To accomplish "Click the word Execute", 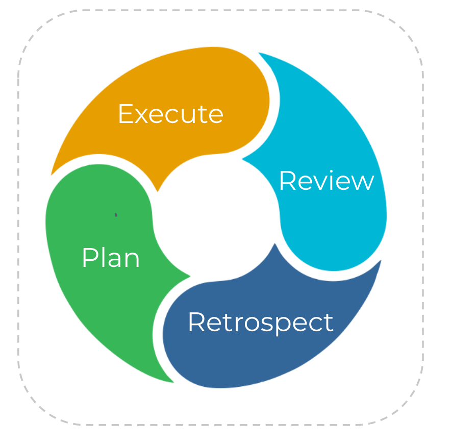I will pyautogui.click(x=170, y=114).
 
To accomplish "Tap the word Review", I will pyautogui.click(x=327, y=181).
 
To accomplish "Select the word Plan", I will pyautogui.click(x=111, y=258).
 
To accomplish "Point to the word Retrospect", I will pyautogui.click(x=260, y=323).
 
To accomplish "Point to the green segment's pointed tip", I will pyautogui.click(x=189, y=277).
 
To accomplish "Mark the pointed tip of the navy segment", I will pyautogui.click(x=275, y=244).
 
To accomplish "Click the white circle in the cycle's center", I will pyautogui.click(x=217, y=217).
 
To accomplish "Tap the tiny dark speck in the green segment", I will pyautogui.click(x=116, y=215).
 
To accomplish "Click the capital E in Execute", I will pyautogui.click(x=126, y=114).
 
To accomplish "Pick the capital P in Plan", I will pyautogui.click(x=89, y=258).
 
